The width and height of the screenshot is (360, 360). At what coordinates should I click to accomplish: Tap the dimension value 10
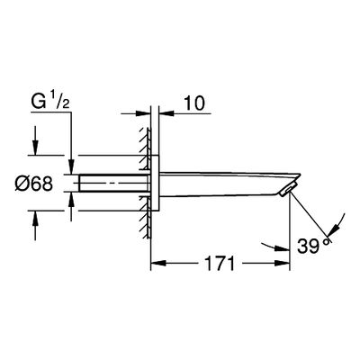point(194,103)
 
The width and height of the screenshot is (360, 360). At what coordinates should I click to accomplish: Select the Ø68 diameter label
point(33,184)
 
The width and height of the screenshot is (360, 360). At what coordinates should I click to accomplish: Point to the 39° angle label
point(313,246)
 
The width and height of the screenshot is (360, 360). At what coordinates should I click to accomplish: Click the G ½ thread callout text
point(50,102)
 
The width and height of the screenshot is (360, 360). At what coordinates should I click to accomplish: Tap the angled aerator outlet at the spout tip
point(287,190)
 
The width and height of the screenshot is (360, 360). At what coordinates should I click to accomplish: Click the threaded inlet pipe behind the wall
point(113,183)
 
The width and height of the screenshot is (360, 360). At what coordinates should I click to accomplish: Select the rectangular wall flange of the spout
point(155,183)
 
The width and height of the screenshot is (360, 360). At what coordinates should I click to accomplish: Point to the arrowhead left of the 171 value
point(158,264)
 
